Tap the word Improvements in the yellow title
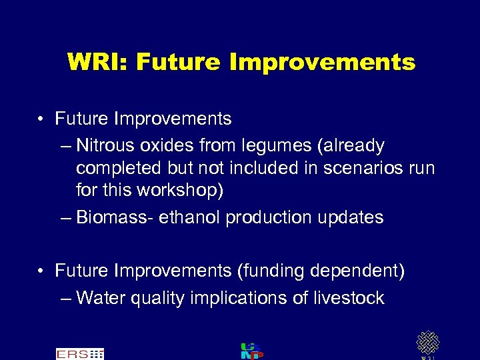pyautogui.click(x=322, y=63)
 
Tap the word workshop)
pyautogui.click(x=179, y=190)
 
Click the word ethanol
pyautogui.click(x=192, y=217)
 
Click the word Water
pyautogui.click(x=101, y=298)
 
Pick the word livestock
pyautogui.click(x=349, y=298)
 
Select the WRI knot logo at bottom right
pyautogui.click(x=427, y=343)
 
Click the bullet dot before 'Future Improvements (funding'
pyautogui.click(x=41, y=271)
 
